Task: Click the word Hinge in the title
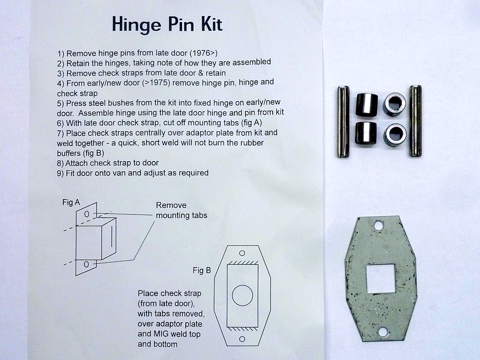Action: click(x=136, y=25)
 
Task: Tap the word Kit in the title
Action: click(x=211, y=24)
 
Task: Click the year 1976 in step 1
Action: click(x=201, y=53)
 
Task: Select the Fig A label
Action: click(x=71, y=202)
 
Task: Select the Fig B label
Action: click(x=202, y=271)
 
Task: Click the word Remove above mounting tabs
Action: click(x=171, y=205)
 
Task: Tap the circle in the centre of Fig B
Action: click(x=242, y=295)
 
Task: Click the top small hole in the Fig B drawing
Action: click(x=242, y=253)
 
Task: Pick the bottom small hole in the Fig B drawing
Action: click(x=242, y=339)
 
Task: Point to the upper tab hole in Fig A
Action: click(x=86, y=214)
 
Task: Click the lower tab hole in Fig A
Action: click(x=86, y=264)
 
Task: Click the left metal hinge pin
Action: click(x=343, y=121)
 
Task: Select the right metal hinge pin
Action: click(x=415, y=121)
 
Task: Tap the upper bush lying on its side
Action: click(x=367, y=105)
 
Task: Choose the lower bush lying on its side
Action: click(x=366, y=133)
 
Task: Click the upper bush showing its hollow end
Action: click(x=395, y=104)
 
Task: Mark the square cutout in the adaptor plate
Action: click(x=381, y=278)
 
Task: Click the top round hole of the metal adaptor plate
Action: click(x=379, y=226)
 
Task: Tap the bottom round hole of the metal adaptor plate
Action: click(x=383, y=332)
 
